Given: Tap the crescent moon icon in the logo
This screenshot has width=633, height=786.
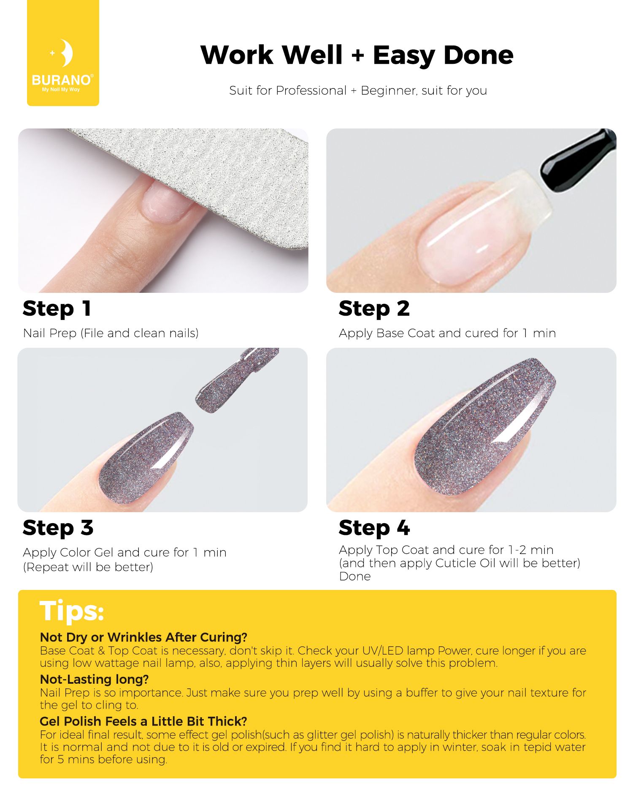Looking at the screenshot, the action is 66,53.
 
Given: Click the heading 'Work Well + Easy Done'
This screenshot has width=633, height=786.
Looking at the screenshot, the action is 357,55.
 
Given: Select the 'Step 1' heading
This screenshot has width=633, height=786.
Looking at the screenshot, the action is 57,309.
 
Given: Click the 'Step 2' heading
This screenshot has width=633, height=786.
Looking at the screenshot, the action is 374,309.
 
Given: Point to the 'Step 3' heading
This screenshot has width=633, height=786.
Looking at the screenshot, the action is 58,528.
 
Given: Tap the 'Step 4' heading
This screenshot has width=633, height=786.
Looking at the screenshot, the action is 374,528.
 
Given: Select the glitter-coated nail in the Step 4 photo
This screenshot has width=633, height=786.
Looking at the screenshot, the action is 485,427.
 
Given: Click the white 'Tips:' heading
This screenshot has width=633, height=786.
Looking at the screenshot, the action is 72,611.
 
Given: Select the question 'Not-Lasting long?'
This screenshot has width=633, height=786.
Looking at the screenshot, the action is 94,679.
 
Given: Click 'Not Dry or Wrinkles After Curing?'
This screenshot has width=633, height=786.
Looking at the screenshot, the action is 143,637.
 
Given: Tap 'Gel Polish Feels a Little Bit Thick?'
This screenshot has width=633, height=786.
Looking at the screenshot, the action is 143,721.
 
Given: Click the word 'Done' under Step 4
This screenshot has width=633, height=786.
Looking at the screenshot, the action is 355,576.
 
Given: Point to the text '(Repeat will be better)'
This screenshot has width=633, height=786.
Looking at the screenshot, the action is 88,567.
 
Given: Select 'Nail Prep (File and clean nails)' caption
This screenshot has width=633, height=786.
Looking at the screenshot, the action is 111,333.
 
